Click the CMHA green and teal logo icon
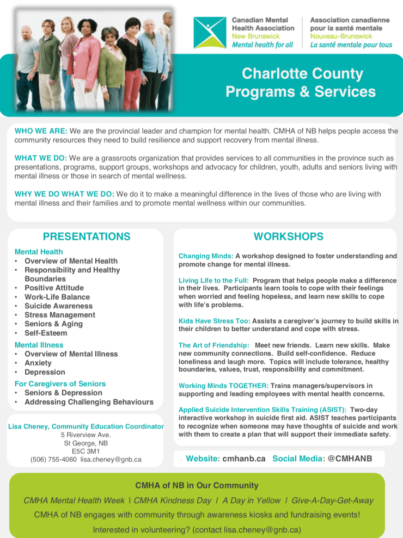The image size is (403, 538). tap(209, 33)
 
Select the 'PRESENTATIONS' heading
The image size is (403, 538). tap(87, 236)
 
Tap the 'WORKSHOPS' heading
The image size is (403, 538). tap(288, 236)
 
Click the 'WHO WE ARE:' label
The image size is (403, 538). tap(41, 131)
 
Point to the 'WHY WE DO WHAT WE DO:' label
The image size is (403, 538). tap(64, 194)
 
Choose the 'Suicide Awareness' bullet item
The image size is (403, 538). tap(58, 306)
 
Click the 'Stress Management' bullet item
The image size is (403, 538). tap(59, 315)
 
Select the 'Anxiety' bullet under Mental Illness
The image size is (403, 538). tap(38, 363)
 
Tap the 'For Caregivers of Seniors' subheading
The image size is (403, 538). tap(60, 384)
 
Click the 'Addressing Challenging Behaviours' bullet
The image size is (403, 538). tap(89, 402)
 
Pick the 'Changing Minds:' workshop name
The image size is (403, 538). tap(206, 256)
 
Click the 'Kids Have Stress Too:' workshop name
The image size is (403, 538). tap(214, 321)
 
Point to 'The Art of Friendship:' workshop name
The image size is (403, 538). tap(214, 345)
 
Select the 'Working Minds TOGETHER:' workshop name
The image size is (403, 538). tap(223, 386)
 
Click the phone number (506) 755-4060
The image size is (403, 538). tap(53, 460)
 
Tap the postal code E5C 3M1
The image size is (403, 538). tap(86, 451)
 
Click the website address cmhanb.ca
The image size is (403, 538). tap(243, 459)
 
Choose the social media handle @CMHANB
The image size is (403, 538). tap(350, 459)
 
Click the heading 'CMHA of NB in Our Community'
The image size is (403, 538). tap(197, 485)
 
